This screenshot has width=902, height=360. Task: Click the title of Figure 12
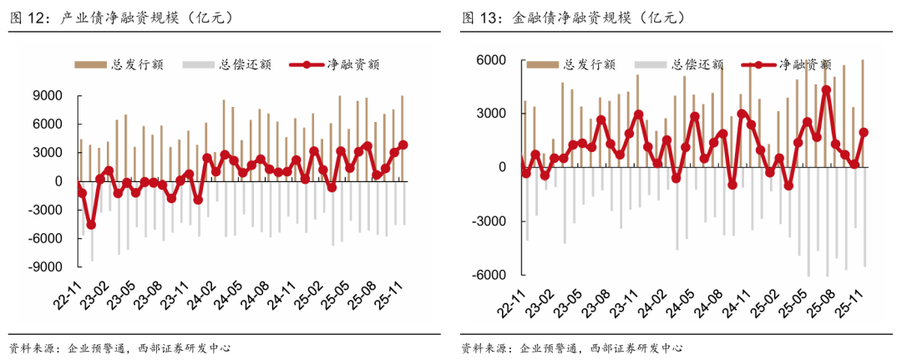pyautogui.click(x=121, y=18)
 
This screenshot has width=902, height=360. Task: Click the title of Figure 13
pyautogui.click(x=573, y=18)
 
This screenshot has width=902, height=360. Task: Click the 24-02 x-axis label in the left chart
pyautogui.click(x=199, y=299)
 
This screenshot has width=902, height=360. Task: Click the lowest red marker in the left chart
pyautogui.click(x=91, y=225)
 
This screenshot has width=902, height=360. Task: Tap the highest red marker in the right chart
pyautogui.click(x=826, y=90)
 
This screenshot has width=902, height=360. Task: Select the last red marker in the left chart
pyautogui.click(x=403, y=145)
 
